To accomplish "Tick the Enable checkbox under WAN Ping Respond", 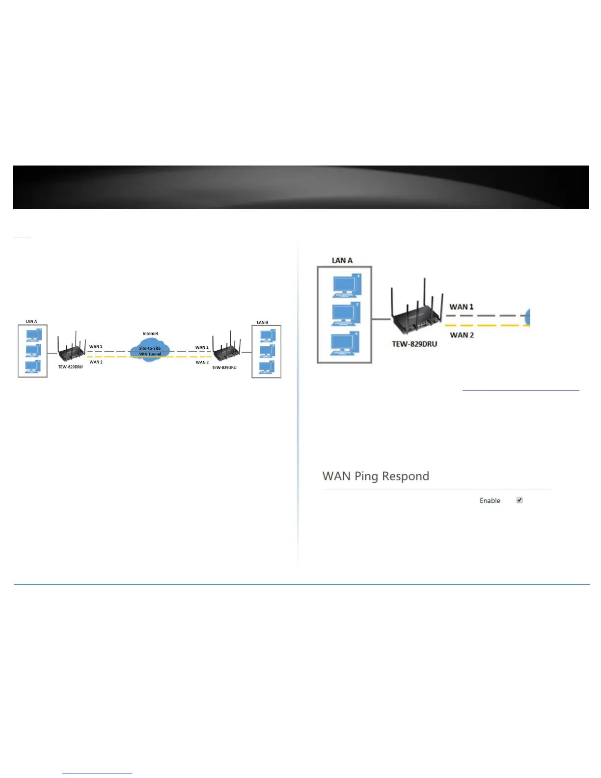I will tap(519, 500).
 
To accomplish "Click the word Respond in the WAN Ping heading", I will tap(406, 476).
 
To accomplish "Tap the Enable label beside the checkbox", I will tap(490, 500).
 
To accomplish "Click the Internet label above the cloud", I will tap(150, 333).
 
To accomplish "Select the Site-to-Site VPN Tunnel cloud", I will tap(150, 350).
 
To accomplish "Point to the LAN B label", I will tap(263, 323).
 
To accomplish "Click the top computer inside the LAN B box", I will tap(268, 335).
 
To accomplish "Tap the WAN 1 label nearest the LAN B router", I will tap(202, 347).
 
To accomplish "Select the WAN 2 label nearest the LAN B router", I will tap(202, 362).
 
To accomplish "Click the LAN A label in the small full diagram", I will tap(31, 322).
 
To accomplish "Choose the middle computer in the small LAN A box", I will tap(33, 351).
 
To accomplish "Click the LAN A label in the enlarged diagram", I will tap(342, 260).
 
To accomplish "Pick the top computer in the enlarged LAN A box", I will tap(347, 286).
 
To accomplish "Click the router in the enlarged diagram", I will tap(414, 314).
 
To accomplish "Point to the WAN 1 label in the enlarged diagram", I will tap(462, 307).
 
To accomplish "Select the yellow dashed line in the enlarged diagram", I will tap(486, 325).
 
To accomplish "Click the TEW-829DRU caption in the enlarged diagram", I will tap(414, 344).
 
